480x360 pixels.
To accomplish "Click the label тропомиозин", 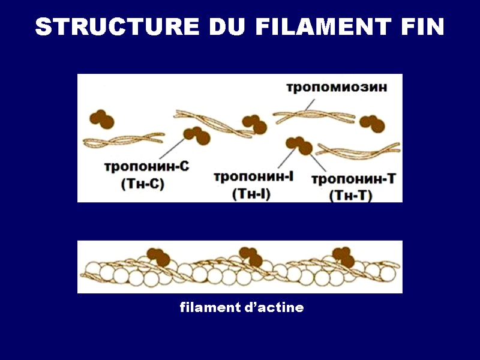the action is pos(336,88).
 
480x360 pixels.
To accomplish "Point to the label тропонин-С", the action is pos(146,167).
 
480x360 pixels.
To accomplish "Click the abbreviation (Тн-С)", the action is pos(143,185).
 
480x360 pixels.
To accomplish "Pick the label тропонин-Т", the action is pos(353,179).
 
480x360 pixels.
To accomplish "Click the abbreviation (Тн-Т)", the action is pos(352,195).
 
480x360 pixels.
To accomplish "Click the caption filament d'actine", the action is pos(242,308).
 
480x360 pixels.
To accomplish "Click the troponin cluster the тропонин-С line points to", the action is pos(197,136).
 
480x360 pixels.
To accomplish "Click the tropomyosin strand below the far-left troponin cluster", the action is pos(124,140).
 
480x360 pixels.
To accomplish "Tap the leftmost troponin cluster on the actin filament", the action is pos(158,257).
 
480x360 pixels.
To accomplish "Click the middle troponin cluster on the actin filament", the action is pos(251,256).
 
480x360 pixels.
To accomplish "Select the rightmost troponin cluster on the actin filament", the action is pos(344,256).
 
